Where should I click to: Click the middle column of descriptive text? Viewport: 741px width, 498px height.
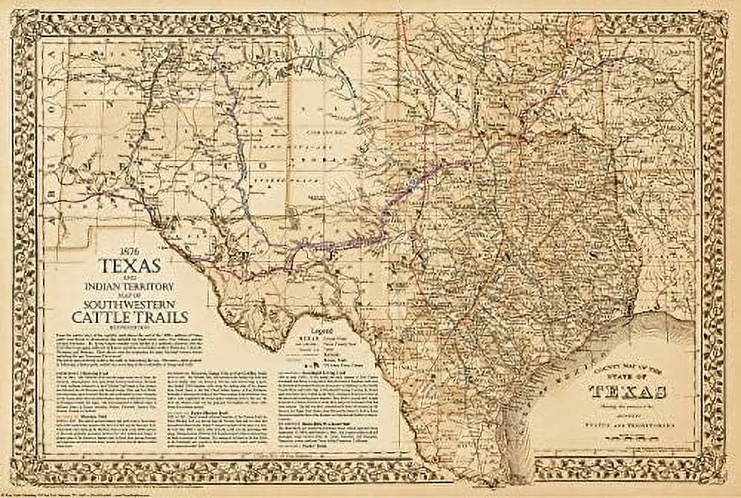[220, 411]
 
